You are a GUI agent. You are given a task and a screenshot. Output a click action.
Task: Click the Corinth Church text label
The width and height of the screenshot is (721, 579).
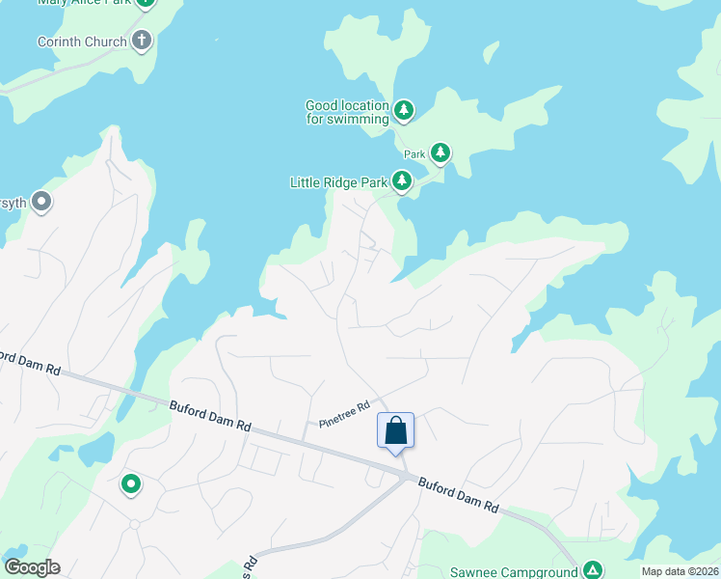click(x=82, y=41)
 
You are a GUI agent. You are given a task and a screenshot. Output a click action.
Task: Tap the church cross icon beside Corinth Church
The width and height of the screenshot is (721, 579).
click(x=142, y=41)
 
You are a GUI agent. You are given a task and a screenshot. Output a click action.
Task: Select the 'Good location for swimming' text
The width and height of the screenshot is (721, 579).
click(x=347, y=112)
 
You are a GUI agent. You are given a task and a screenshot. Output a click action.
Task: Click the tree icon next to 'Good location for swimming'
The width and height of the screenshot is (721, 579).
click(x=404, y=111)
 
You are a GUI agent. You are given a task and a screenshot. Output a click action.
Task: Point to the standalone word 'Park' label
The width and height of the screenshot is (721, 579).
click(x=414, y=153)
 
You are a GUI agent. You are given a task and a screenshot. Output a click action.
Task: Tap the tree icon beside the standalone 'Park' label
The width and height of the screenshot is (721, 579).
click(x=441, y=152)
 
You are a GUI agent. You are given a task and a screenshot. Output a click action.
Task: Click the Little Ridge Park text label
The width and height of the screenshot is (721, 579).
click(x=338, y=181)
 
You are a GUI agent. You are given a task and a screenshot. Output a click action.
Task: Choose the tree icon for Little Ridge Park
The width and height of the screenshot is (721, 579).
click(x=401, y=180)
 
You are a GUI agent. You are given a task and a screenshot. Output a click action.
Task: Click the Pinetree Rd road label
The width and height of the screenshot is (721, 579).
click(x=344, y=415)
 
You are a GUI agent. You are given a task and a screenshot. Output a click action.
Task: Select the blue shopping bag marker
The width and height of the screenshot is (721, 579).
click(x=395, y=430)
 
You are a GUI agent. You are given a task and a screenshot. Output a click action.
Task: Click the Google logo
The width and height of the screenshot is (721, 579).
click(x=32, y=567)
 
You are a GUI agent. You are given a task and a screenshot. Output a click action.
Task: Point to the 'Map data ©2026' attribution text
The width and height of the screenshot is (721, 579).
click(x=679, y=571)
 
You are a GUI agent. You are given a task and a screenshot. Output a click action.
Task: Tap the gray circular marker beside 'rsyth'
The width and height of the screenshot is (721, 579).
click(x=41, y=202)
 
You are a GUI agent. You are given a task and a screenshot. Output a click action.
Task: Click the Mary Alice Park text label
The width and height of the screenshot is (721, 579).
click(x=83, y=3)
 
